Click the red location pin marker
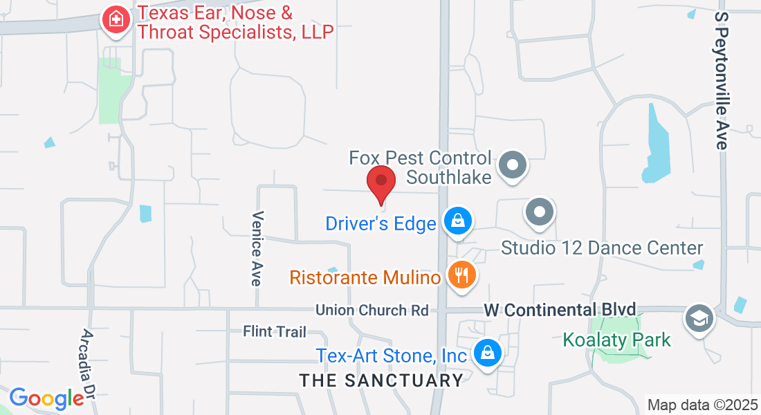click(x=380, y=182)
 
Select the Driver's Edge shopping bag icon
click(x=457, y=221)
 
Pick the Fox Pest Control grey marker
click(x=513, y=165)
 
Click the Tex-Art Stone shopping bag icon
click(x=488, y=353)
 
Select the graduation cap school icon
click(x=699, y=318)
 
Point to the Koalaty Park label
click(x=616, y=340)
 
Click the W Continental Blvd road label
click(x=560, y=310)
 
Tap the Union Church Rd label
click(x=372, y=310)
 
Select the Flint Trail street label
click(x=275, y=332)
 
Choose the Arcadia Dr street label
click(x=88, y=363)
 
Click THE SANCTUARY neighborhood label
click(x=381, y=380)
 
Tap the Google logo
click(x=46, y=398)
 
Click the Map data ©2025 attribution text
click(x=702, y=405)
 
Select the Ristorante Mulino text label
click(x=365, y=278)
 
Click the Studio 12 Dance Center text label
click(x=602, y=248)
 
